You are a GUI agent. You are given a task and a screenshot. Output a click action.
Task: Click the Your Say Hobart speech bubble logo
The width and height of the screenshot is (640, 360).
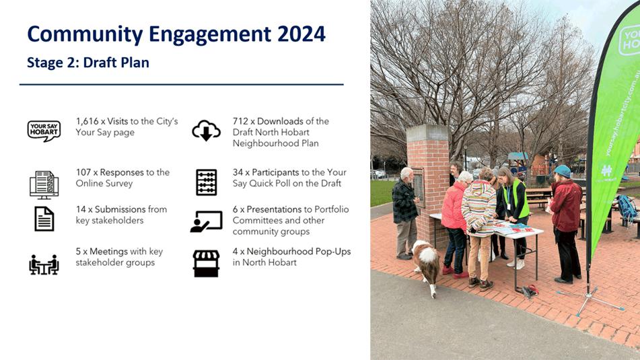(x=44, y=131)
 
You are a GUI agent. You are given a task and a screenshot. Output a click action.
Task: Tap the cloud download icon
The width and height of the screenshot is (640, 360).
(x=206, y=131)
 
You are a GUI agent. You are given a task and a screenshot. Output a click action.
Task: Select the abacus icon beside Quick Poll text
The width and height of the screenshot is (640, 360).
(x=206, y=182)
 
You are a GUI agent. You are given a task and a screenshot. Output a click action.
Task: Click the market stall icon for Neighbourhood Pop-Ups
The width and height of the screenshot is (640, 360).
(x=206, y=264)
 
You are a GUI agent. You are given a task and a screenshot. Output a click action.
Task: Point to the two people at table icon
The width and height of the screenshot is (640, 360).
(x=44, y=265)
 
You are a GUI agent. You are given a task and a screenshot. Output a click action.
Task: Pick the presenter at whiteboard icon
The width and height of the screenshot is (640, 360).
(x=206, y=221)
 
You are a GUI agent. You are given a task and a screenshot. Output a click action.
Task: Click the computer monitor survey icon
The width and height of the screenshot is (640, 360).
(x=44, y=185)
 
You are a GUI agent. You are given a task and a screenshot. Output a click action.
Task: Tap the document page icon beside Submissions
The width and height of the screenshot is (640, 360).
(x=44, y=219)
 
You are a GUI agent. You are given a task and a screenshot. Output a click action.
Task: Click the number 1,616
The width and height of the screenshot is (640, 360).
(x=87, y=121)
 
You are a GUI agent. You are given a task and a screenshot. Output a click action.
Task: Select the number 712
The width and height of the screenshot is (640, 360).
(x=240, y=121)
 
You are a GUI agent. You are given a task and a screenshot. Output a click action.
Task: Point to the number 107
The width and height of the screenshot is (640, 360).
(x=83, y=172)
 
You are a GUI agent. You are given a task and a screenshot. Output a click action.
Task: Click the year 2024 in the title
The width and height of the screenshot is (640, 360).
(x=301, y=34)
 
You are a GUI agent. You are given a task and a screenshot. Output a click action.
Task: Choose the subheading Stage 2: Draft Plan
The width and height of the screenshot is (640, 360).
(x=88, y=63)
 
